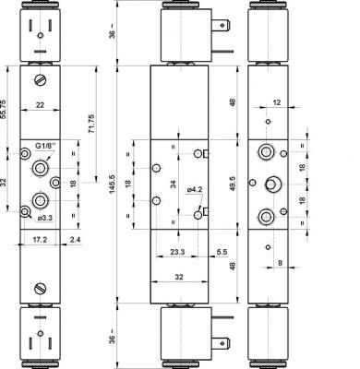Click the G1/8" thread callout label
pyautogui.click(x=44, y=146)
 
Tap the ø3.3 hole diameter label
pyautogui.click(x=45, y=219)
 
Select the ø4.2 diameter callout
pyautogui.click(x=195, y=190)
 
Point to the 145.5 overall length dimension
pyautogui.click(x=112, y=184)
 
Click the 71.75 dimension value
pyautogui.click(x=91, y=124)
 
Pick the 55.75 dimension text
pyautogui.click(x=3, y=109)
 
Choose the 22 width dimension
pyautogui.click(x=40, y=105)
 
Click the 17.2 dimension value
pyautogui.click(x=40, y=240)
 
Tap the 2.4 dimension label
pyautogui.click(x=75, y=240)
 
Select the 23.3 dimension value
pyautogui.click(x=177, y=252)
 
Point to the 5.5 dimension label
pyautogui.click(x=222, y=252)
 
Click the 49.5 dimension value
pyautogui.click(x=233, y=184)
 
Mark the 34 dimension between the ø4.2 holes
pyautogui.click(x=174, y=184)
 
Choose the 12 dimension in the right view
pyautogui.click(x=277, y=102)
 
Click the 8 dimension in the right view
pyautogui.click(x=280, y=263)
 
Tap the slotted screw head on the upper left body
pyautogui.click(x=41, y=80)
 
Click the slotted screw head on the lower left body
pyautogui.click(x=41, y=289)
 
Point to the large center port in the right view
pyautogui.click(x=271, y=184)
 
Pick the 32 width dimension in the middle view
pyautogui.click(x=179, y=277)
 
